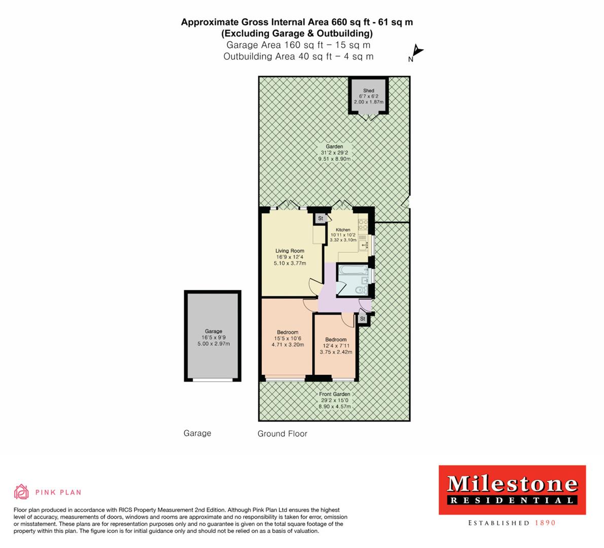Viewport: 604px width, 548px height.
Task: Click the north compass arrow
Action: [417, 51]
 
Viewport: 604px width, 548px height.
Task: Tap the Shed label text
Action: [369, 91]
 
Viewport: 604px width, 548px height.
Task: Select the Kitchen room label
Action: [343, 230]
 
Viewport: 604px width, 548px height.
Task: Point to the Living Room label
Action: [290, 251]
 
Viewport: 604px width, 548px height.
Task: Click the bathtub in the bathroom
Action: [352, 269]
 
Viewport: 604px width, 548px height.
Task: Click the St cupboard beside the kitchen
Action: [321, 219]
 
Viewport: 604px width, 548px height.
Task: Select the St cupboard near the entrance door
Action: [363, 319]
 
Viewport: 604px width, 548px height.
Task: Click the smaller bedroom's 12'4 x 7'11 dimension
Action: [336, 346]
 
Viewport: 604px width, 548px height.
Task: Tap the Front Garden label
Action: [334, 394]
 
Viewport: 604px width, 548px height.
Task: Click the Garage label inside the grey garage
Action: [214, 331]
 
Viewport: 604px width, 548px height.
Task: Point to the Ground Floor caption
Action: [282, 434]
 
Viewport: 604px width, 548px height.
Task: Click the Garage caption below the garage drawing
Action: [197, 433]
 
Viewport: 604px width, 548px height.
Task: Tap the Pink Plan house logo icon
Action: [21, 492]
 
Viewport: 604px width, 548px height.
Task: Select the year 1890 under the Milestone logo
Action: [545, 523]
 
